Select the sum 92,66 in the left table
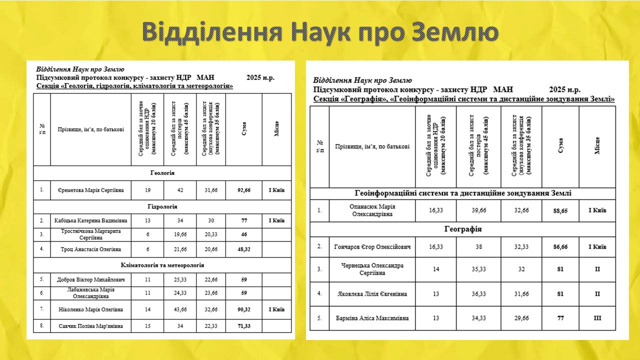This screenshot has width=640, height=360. [x=243, y=190]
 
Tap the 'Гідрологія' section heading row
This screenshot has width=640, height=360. [x=162, y=206]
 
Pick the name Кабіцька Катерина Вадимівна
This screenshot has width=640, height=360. [x=90, y=220]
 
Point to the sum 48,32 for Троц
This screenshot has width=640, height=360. [x=243, y=249]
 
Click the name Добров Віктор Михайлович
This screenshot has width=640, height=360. [x=90, y=279]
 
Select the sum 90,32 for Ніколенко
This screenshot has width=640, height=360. [x=243, y=309]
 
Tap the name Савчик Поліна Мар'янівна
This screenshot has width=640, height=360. [x=90, y=326]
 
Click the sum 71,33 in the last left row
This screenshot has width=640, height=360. [x=243, y=326]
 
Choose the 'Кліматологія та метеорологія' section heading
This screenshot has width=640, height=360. [x=162, y=265]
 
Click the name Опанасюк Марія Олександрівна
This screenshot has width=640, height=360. [x=372, y=210]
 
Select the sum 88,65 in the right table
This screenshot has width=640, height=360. [x=560, y=211]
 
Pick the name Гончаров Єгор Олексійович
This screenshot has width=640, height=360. [x=372, y=247]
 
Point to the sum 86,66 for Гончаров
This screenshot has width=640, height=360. [x=560, y=247]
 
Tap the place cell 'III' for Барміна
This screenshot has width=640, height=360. [x=597, y=318]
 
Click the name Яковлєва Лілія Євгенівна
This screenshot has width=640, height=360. [x=372, y=293]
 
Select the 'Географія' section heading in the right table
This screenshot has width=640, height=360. [x=462, y=229]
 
